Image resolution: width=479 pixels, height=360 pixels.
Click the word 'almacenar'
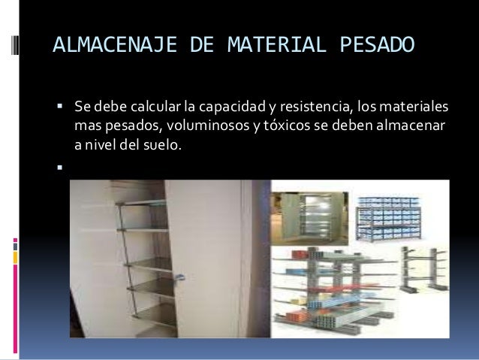pyautogui.click(x=408, y=123)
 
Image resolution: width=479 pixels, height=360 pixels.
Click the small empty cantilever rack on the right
pyautogui.click(x=420, y=288)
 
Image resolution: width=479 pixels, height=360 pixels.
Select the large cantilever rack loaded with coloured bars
pyautogui.click(x=328, y=289)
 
